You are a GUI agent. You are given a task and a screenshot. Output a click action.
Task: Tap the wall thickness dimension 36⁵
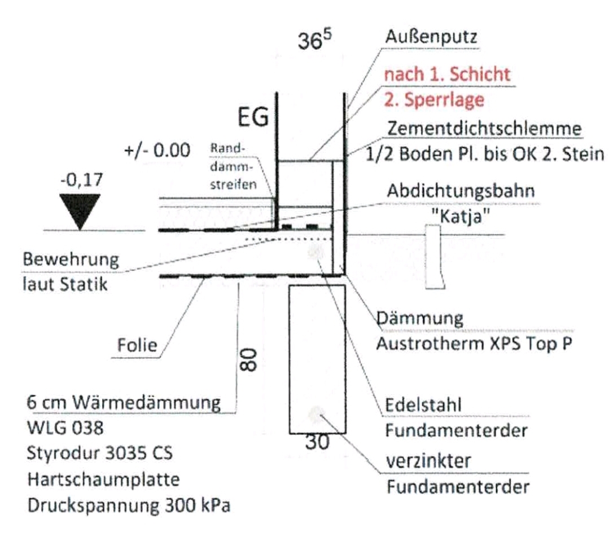pyautogui.click(x=314, y=40)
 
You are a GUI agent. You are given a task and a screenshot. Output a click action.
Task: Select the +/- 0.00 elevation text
pyautogui.click(x=157, y=150)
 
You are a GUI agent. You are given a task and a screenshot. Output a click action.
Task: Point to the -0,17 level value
pyautogui.click(x=82, y=180)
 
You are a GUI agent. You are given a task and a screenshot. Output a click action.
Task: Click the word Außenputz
pyautogui.click(x=431, y=37)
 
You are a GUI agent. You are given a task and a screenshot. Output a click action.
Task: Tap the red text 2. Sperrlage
pyautogui.click(x=434, y=100)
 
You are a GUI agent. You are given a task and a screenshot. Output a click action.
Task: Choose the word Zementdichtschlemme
pyautogui.click(x=485, y=129)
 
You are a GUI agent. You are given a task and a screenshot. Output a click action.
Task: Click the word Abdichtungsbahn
pyautogui.click(x=461, y=191)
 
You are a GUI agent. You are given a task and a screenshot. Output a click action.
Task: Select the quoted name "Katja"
pyautogui.click(x=461, y=215)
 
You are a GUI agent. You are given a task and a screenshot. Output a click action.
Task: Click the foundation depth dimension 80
pyautogui.click(x=248, y=360)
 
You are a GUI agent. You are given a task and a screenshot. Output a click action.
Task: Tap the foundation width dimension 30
pyautogui.click(x=317, y=442)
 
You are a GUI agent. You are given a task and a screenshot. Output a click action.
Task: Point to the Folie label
pyautogui.click(x=137, y=345)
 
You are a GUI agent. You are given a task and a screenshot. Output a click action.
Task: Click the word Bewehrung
pyautogui.click(x=71, y=259)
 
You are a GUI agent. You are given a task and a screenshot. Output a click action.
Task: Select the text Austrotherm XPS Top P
pyautogui.click(x=474, y=344)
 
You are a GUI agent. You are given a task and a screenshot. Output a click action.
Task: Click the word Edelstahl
pyautogui.click(x=423, y=405)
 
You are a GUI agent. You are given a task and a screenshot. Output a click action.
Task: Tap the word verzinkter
pyautogui.click(x=428, y=461)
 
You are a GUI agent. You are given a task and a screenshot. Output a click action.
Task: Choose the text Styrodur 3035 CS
pyautogui.click(x=100, y=452)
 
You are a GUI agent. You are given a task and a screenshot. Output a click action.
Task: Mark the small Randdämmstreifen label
pyautogui.click(x=233, y=166)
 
